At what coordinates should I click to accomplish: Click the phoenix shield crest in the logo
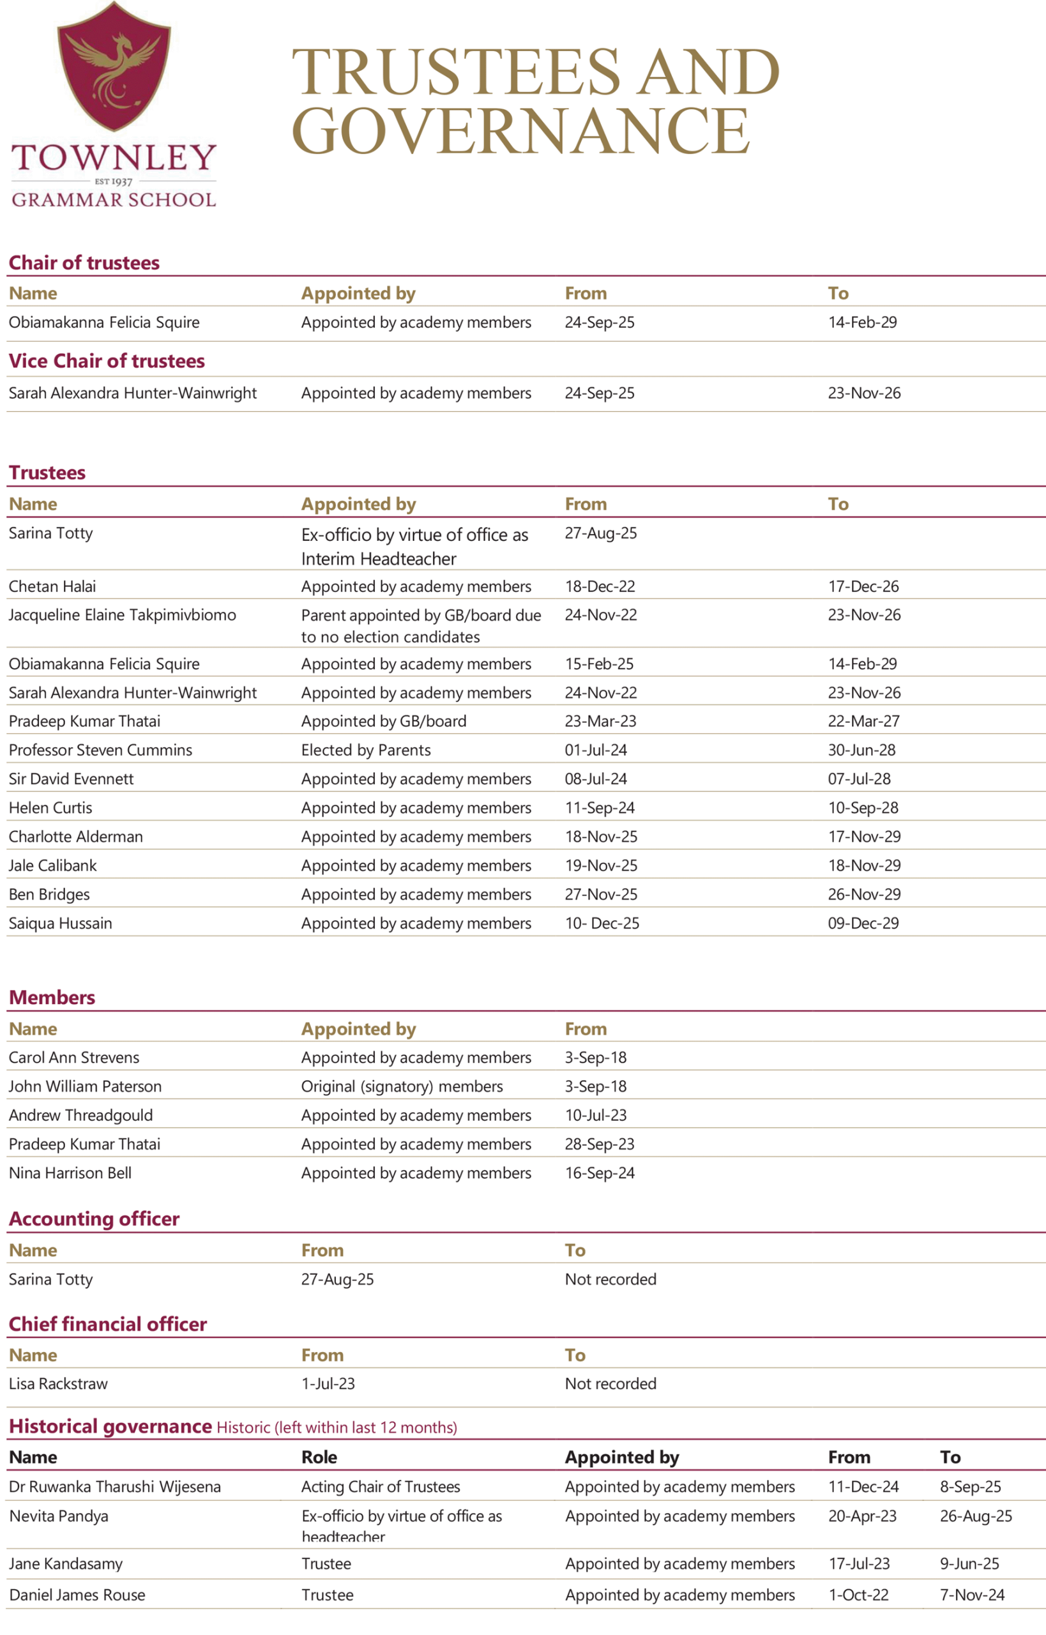(x=114, y=66)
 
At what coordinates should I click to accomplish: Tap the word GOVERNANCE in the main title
(x=520, y=131)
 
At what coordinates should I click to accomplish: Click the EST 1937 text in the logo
(x=114, y=181)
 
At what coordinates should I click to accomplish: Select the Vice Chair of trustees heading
(x=107, y=361)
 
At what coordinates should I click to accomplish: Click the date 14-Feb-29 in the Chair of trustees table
(x=862, y=322)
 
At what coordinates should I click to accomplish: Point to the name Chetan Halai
(x=52, y=586)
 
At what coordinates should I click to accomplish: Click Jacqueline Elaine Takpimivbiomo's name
(x=122, y=615)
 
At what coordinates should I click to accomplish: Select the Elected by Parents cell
(x=365, y=750)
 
